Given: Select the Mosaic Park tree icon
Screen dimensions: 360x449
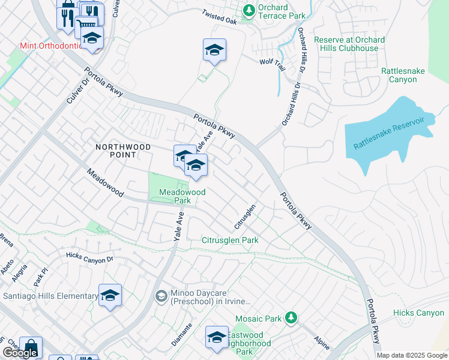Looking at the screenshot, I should [291, 316].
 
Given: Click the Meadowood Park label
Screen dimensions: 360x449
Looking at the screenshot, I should [182, 196].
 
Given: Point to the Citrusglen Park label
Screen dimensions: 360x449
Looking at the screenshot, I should [230, 240].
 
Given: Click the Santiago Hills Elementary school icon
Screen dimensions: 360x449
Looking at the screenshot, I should [110, 295].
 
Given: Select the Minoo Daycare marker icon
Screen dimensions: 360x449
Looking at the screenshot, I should [160, 296].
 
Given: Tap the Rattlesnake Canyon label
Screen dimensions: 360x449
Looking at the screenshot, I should [403, 75].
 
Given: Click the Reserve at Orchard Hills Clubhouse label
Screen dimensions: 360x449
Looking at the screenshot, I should [349, 44].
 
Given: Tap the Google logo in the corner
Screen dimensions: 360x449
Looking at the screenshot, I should [19, 353].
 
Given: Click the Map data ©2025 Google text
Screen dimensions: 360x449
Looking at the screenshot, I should [411, 355].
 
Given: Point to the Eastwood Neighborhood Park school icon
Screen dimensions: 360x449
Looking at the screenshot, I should [217, 337].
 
